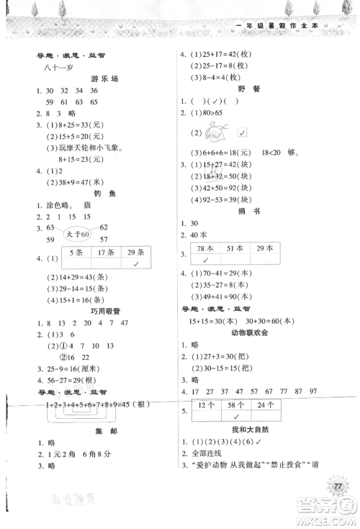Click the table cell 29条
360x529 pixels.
pos(134,253)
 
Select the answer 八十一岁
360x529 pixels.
pos(53,66)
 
